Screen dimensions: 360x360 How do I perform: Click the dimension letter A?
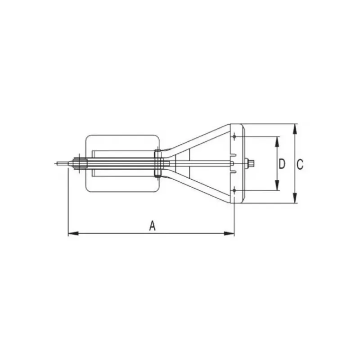click(x=153, y=225)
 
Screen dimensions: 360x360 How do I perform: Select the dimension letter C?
click(x=300, y=164)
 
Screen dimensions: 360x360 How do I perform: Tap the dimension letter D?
click(x=282, y=164)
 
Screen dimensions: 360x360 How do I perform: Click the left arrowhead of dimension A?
click(x=73, y=234)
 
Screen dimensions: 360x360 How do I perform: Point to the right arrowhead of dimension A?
click(x=229, y=234)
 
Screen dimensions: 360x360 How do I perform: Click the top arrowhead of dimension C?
click(x=295, y=129)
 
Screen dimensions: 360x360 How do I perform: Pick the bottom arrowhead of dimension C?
click(x=295, y=198)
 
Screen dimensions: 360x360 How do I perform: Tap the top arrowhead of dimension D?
click(x=277, y=142)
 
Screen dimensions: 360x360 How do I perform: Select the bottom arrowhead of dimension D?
click(x=277, y=185)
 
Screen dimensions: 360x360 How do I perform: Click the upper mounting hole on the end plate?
click(x=234, y=137)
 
